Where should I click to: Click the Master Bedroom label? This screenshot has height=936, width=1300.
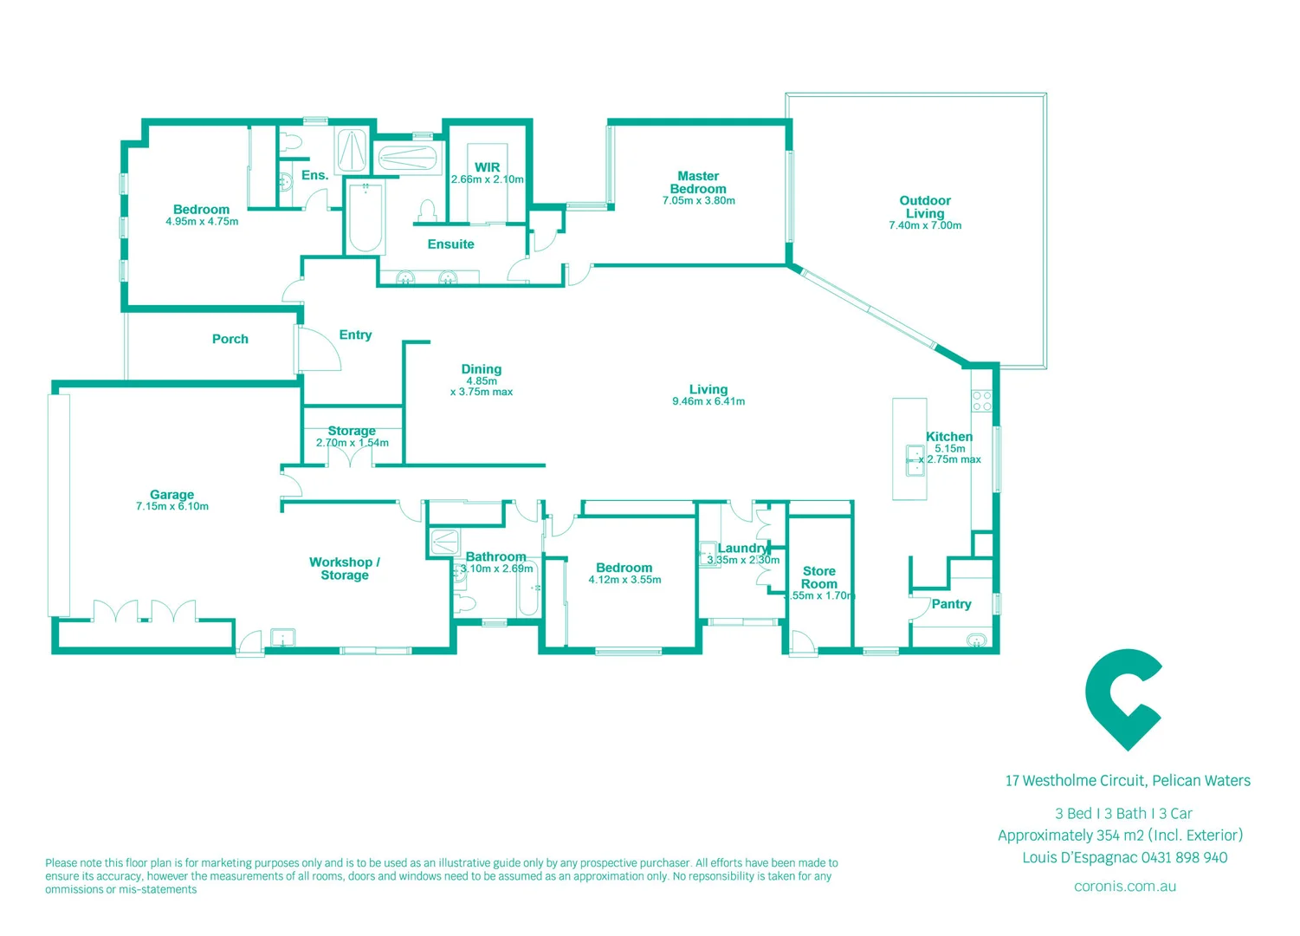pos(698,182)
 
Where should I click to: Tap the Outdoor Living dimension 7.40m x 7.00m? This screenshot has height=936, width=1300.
pos(925,225)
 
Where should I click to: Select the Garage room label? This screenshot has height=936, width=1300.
pos(171,494)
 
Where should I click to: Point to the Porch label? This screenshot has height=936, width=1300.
pos(230,339)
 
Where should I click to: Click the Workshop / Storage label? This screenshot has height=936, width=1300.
pos(345,569)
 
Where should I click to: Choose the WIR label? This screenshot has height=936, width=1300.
pos(487,167)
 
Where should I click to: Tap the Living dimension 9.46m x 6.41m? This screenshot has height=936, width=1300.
pos(708,401)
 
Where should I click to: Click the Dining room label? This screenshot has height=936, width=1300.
pos(482,369)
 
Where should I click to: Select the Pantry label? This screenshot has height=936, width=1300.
pos(951,604)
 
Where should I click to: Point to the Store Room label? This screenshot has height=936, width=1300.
pos(819,577)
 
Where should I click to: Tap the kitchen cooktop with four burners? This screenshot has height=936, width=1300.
pos(981,400)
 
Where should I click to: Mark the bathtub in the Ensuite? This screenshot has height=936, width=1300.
pos(365,217)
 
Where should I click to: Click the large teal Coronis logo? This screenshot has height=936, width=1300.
pos(1123,699)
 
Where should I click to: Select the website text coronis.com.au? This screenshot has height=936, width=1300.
pos(1124,886)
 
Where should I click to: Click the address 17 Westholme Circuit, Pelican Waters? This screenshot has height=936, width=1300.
pos(1128,781)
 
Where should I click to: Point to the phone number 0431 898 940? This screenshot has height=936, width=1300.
pos(1184,857)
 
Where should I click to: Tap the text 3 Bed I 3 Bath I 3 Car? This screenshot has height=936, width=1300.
pos(1123,813)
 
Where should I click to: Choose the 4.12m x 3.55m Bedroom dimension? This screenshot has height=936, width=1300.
pos(624,580)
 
